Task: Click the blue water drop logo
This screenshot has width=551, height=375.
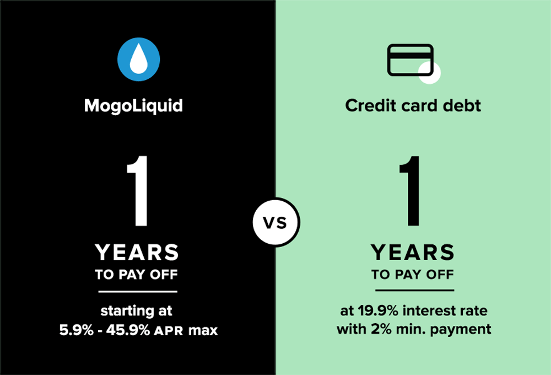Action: pos(138,59)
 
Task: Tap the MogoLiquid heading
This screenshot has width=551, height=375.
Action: pos(133,106)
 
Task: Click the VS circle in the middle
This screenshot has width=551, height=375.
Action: pos(276,222)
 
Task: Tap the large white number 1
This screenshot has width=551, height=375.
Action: pos(138,191)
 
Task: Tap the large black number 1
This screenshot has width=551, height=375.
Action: pos(411,191)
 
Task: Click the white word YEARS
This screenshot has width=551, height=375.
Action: pos(137,252)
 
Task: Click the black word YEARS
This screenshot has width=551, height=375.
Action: pos(413,252)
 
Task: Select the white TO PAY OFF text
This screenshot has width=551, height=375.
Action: pos(136,275)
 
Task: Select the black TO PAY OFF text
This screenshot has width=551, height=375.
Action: pos(413,275)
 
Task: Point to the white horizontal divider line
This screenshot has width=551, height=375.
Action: pos(138,291)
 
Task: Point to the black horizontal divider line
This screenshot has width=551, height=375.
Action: pos(415,291)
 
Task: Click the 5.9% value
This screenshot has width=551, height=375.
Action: pos(76,330)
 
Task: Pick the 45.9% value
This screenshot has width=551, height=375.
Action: pos(128,330)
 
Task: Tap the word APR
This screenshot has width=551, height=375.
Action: pos(169,331)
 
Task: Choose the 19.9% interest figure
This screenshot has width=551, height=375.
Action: pos(378,310)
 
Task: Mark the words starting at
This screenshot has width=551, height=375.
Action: pos(136,311)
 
